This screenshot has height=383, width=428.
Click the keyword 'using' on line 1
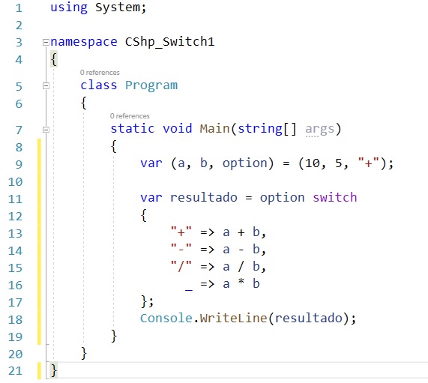(x=69, y=7)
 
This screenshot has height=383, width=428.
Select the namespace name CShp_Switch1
(x=169, y=42)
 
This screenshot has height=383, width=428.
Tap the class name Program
(x=151, y=85)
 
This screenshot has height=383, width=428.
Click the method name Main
(x=214, y=129)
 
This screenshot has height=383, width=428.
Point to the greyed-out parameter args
(x=319, y=129)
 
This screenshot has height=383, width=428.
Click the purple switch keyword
(x=334, y=197)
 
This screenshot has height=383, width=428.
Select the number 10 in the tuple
(x=313, y=163)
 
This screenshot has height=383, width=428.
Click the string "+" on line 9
(x=368, y=163)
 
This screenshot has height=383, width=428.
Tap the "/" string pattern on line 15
(x=181, y=266)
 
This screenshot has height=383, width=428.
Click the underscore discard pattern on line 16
(x=189, y=290)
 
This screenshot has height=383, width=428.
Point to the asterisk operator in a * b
(x=241, y=282)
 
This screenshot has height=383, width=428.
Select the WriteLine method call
(x=233, y=319)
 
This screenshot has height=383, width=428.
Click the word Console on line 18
(x=166, y=319)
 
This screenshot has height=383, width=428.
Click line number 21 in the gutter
(x=15, y=371)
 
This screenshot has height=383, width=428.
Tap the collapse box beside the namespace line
(x=46, y=42)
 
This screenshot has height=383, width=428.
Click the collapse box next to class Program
(x=46, y=85)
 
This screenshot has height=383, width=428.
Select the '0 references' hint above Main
(x=130, y=116)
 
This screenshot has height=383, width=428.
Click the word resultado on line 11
(x=204, y=197)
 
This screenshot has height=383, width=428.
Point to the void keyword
(x=178, y=129)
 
